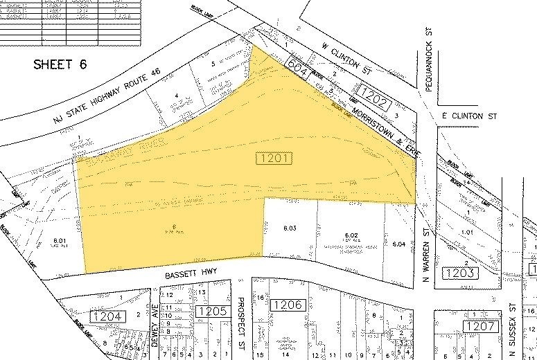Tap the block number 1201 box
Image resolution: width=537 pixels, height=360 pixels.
click(x=274, y=159)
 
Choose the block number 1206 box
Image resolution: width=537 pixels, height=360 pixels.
click(x=286, y=305)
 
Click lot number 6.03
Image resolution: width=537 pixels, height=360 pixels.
click(x=290, y=227)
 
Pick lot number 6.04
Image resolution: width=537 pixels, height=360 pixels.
click(x=398, y=244)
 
